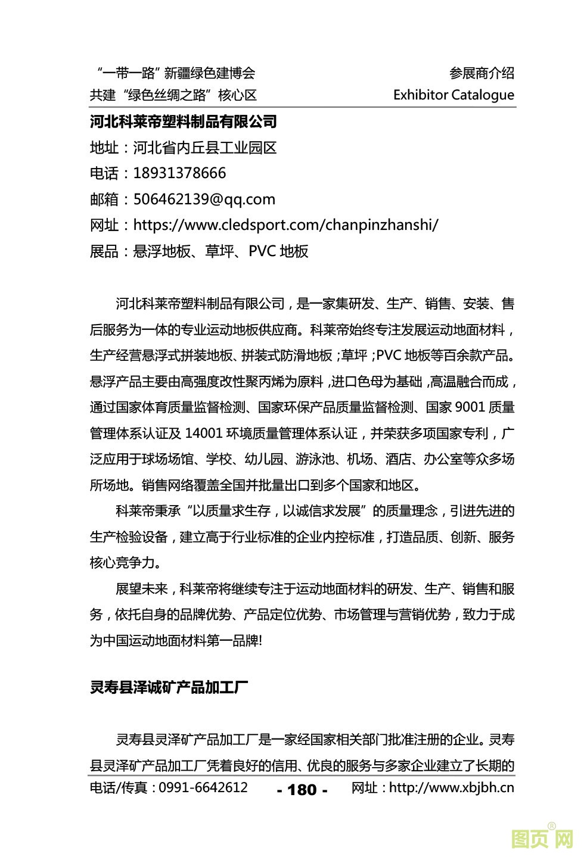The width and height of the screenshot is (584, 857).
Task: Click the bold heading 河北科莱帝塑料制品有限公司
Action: tap(183, 122)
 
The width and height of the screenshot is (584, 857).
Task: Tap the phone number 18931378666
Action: tap(179, 173)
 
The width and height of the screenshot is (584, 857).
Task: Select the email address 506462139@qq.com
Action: tap(204, 200)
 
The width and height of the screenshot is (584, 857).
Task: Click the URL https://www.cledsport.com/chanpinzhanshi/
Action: tap(285, 225)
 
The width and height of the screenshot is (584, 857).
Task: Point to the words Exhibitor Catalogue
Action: tap(453, 95)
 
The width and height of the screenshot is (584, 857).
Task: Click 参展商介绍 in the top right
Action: tap(482, 73)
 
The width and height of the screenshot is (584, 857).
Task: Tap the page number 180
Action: tap(302, 790)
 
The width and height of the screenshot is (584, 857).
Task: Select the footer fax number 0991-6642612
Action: tap(203, 787)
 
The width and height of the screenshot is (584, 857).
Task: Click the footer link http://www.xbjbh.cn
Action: tap(451, 787)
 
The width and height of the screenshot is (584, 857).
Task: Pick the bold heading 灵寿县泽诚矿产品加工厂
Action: tap(169, 688)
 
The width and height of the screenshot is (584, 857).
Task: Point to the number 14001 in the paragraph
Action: tap(204, 433)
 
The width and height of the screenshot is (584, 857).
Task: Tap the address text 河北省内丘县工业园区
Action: tap(205, 148)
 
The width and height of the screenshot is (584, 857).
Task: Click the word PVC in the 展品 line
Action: tap(262, 251)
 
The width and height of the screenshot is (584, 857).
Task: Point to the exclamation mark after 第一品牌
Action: tap(260, 641)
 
